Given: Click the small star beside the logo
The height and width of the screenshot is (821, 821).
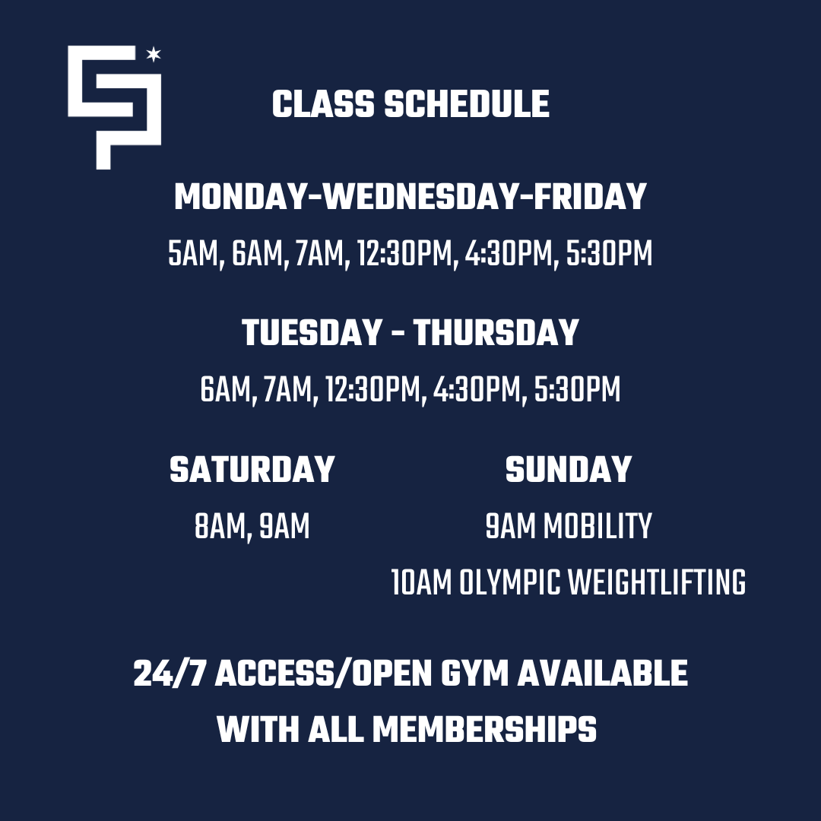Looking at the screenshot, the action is click(x=154, y=54).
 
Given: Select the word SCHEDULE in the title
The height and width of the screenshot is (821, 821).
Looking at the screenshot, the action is click(x=467, y=103).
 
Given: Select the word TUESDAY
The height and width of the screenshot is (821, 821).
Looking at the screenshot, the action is click(x=312, y=332).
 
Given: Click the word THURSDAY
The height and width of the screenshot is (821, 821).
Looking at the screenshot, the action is click(x=496, y=332).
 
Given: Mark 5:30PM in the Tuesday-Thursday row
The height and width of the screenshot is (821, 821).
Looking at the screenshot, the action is click(x=577, y=390).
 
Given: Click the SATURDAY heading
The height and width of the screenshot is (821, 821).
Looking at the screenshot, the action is click(x=252, y=469).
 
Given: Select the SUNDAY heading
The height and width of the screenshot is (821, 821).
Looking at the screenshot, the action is click(x=568, y=469).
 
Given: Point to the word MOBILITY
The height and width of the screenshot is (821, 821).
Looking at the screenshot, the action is click(x=598, y=526).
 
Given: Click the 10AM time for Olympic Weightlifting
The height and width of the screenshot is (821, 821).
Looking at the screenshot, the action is click(x=421, y=583).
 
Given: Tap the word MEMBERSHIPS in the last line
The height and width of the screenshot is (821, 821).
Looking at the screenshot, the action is click(x=484, y=729).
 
